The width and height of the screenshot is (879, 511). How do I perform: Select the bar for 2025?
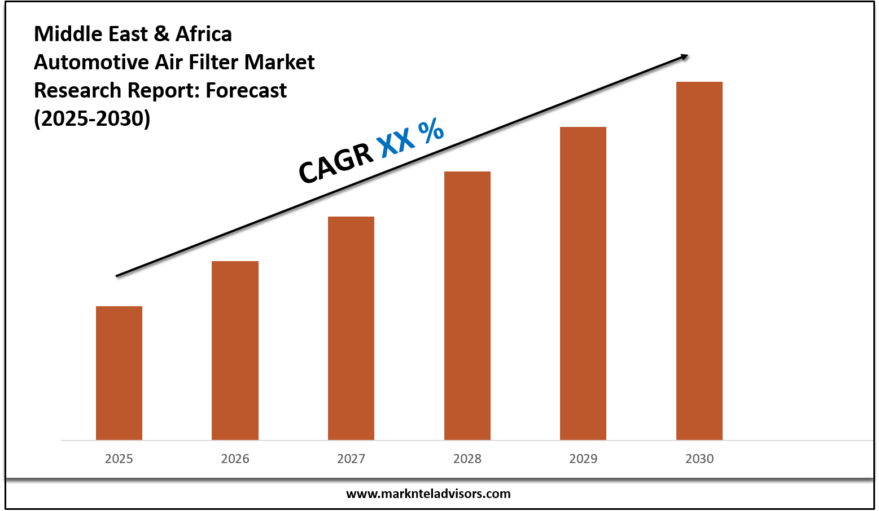[119, 373]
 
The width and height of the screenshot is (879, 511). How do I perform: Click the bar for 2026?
[235, 350]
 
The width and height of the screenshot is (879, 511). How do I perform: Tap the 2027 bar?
[351, 328]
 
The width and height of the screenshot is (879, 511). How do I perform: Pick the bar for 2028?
[467, 306]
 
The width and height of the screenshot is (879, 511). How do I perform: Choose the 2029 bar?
[583, 283]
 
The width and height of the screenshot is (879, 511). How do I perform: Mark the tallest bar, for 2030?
[699, 261]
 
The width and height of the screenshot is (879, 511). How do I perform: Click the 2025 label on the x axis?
[119, 459]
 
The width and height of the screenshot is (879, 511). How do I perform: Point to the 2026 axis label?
[235, 459]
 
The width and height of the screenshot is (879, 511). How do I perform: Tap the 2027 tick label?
[351, 459]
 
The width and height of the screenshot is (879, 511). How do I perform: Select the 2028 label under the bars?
[467, 459]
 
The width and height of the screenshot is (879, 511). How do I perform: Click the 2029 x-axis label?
[583, 459]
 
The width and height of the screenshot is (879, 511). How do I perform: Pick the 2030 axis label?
[699, 459]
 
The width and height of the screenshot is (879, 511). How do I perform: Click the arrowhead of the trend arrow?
[684, 56]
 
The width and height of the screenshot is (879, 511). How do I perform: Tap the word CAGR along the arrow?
[336, 163]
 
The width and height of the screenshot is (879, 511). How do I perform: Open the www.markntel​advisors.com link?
[428, 494]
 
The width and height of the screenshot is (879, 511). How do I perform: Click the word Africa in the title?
[204, 34]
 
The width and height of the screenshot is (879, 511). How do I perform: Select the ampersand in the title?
[161, 34]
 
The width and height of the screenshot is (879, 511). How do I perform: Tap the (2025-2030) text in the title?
[92, 118]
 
